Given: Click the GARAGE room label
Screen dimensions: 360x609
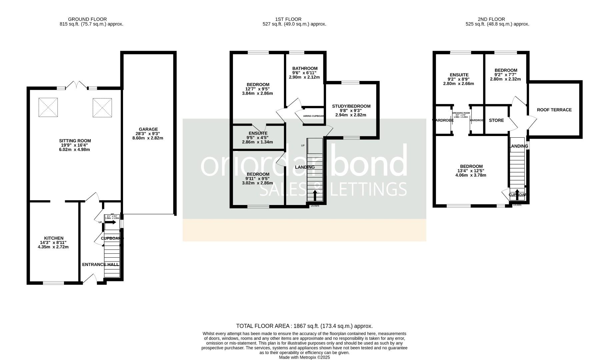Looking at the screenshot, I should [148, 129].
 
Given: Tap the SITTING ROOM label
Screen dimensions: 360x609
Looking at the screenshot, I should [75, 141].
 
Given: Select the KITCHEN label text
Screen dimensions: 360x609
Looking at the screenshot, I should [53, 238].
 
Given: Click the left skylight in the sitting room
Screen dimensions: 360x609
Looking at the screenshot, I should [48, 107].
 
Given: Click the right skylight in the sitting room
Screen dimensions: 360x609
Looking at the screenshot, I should [102, 107].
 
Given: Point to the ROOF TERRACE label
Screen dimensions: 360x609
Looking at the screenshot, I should [554, 110].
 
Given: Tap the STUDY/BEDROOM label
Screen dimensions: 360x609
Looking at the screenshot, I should [351, 106].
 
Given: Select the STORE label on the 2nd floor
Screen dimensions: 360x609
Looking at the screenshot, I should [496, 120].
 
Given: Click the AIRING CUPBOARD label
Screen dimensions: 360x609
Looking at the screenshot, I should [313, 116].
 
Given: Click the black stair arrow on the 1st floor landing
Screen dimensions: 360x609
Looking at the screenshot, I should [315, 195].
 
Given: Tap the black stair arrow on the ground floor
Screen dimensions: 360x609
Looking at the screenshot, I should [110, 222].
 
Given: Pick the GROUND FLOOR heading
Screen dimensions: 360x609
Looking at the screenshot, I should [87, 19].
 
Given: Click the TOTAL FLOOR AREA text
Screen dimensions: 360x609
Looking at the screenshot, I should [304, 326].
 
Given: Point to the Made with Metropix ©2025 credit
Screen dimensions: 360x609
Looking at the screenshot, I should [304, 357].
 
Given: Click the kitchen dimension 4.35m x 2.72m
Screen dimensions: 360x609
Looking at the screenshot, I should [53, 247].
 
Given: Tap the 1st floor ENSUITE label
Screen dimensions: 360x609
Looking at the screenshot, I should [258, 133].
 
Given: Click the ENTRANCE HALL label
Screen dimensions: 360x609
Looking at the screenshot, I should [100, 265].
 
